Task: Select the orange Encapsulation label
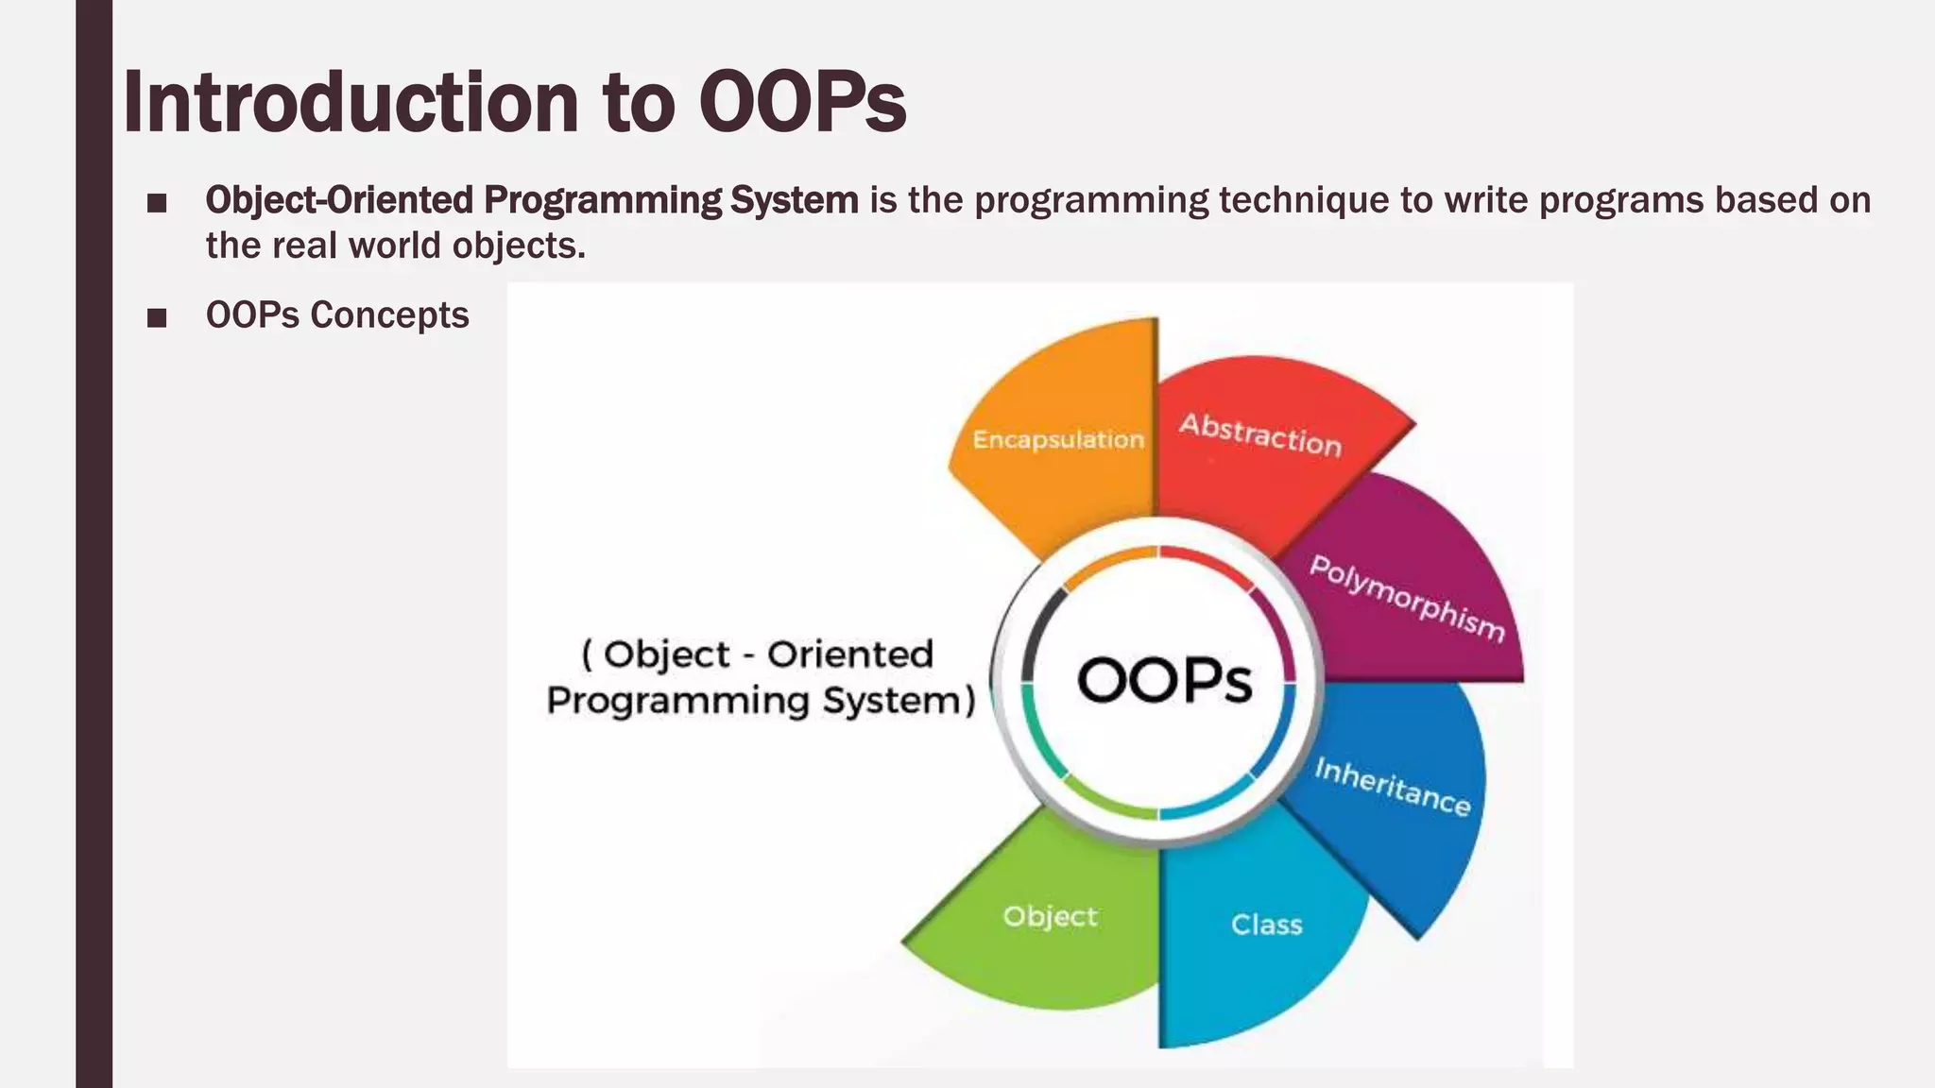pyautogui.click(x=1057, y=440)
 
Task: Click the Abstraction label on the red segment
pyautogui.click(x=1260, y=435)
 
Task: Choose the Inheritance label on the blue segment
pyautogui.click(x=1393, y=787)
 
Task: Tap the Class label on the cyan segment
pyautogui.click(x=1266, y=925)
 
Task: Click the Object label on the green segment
pyautogui.click(x=1050, y=916)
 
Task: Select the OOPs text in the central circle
pyautogui.click(x=1164, y=680)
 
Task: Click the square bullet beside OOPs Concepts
pyautogui.click(x=157, y=317)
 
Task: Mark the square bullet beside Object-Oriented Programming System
pyautogui.click(x=157, y=202)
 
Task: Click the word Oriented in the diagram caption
pyautogui.click(x=849, y=654)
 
